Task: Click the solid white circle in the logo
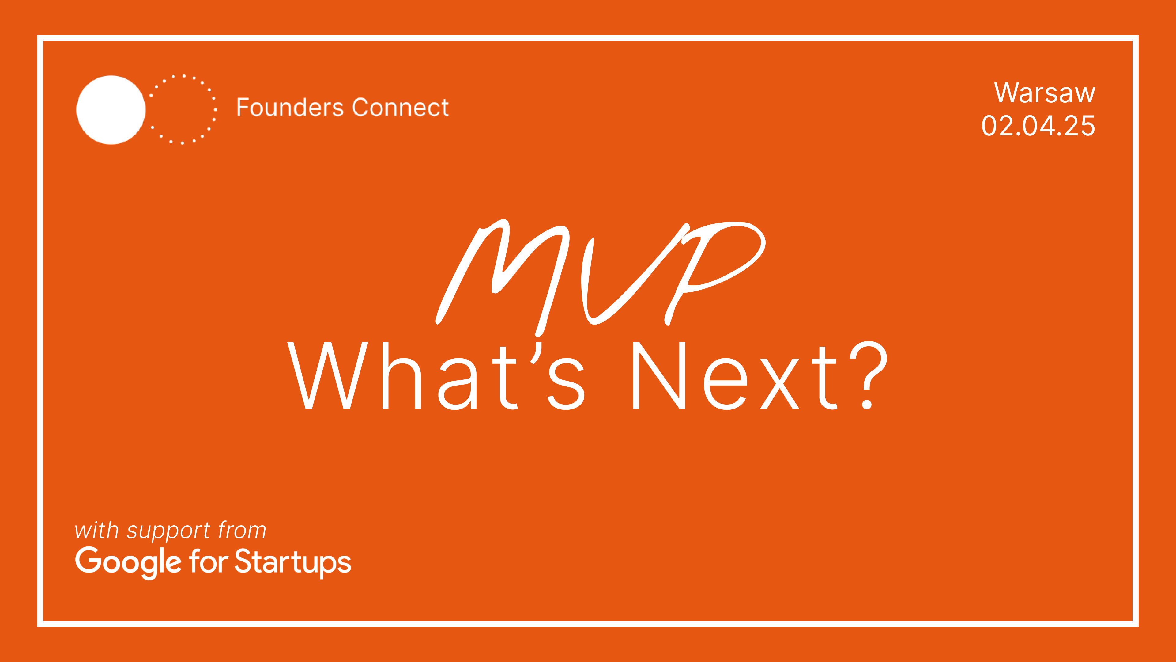(x=111, y=110)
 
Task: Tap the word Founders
(x=290, y=108)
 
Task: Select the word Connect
(x=400, y=108)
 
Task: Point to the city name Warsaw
(x=1045, y=93)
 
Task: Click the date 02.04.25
(x=1038, y=126)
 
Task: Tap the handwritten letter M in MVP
(x=502, y=274)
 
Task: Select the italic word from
(x=242, y=531)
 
